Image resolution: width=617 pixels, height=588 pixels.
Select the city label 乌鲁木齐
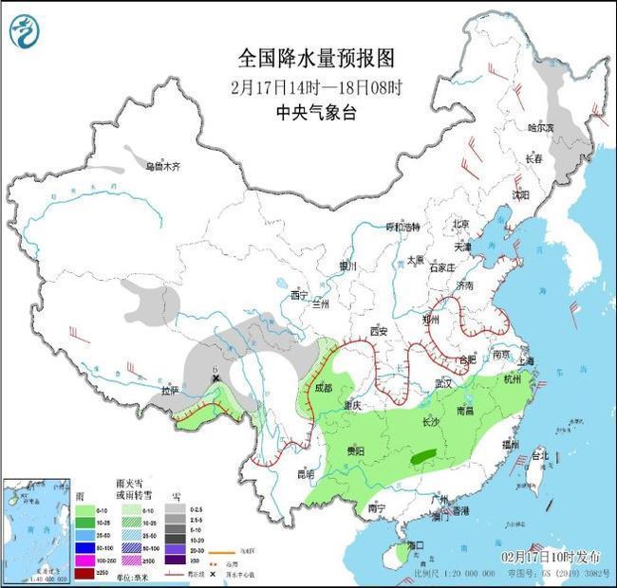pos(162,166)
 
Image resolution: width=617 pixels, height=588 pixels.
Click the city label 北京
pos(460,224)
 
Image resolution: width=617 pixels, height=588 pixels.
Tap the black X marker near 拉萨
pos(216,378)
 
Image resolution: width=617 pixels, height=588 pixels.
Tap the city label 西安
pos(381,331)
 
